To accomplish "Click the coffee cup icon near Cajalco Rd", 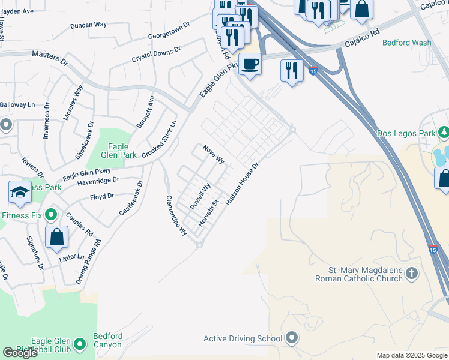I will tap(250, 63).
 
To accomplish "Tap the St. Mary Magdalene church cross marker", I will tap(411, 274).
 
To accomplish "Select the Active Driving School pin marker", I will tap(292, 338).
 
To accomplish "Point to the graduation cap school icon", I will tap(20, 192).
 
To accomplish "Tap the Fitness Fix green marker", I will tap(51, 214).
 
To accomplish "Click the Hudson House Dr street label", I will tap(242, 184).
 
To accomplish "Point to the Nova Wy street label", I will tap(214, 154).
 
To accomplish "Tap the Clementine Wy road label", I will tap(177, 215).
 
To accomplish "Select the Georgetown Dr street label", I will tap(169, 30).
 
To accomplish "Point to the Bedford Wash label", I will tap(406, 43).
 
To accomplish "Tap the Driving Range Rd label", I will tap(89, 262).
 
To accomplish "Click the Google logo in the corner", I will tap(20, 353).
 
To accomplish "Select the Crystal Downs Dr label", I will tap(156, 55).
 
